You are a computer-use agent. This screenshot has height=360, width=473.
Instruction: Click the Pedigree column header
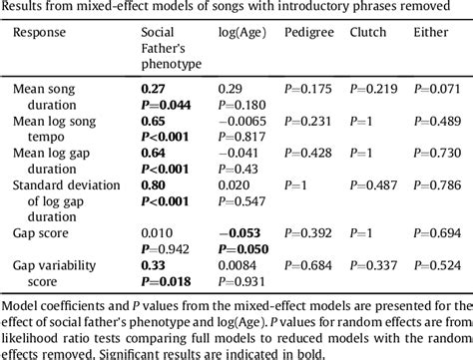tap(308, 33)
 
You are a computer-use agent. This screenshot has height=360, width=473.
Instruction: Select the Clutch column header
tap(368, 33)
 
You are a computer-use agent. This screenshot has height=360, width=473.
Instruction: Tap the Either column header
tap(431, 33)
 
